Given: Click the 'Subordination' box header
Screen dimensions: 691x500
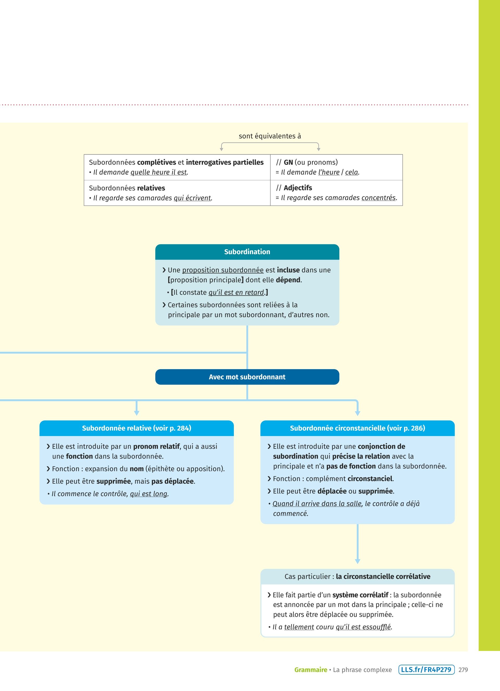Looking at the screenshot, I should tap(247, 252).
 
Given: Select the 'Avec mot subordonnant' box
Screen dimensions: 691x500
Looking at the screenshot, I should tap(247, 377).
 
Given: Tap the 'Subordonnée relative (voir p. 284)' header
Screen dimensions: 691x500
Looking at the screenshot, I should tap(136, 428).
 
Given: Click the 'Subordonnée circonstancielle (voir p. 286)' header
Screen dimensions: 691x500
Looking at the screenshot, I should tap(357, 428).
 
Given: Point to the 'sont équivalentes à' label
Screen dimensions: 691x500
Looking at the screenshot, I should tap(270, 136).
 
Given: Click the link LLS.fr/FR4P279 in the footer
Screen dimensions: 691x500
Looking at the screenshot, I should tap(426, 670).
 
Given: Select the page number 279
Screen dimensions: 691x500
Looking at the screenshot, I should tap(463, 670).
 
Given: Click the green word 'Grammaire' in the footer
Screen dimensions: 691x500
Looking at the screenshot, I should tap(310, 670).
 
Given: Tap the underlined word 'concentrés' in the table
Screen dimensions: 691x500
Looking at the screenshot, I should tap(378, 198).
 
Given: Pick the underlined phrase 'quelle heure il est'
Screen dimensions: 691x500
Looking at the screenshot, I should tap(158, 172).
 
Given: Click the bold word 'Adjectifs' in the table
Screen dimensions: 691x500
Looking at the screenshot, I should tap(298, 188).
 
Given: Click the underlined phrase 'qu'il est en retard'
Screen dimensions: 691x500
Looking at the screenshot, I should tap(236, 292).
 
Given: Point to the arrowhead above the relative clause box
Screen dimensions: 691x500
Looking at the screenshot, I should tap(136, 413).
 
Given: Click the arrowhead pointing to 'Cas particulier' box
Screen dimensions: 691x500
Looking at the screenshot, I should tap(358, 561).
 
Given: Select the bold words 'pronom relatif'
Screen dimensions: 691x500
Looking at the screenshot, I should tap(157, 446).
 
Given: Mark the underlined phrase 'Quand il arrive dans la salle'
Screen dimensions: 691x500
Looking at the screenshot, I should tap(317, 504).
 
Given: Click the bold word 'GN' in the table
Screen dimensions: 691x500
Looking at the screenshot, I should tap(288, 162).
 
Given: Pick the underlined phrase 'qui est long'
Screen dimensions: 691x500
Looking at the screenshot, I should tap(148, 494).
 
